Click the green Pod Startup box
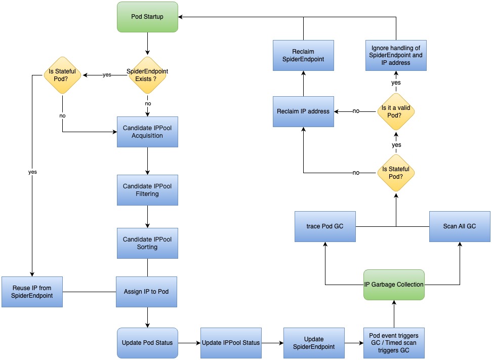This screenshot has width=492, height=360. (x=147, y=17)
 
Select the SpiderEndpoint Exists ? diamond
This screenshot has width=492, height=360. (x=147, y=75)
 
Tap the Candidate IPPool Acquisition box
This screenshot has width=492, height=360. (x=147, y=132)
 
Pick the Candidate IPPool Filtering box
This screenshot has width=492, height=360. (x=147, y=190)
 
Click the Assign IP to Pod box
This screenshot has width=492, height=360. (x=147, y=292)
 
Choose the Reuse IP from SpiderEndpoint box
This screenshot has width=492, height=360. (x=32, y=292)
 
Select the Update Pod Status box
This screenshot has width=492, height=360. (x=147, y=343)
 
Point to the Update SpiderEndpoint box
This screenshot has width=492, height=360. (x=314, y=343)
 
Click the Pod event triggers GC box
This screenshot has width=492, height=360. (x=394, y=343)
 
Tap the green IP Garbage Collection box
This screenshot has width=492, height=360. (x=394, y=285)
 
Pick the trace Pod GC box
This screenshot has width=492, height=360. (x=324, y=226)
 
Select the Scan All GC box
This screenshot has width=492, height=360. (x=460, y=226)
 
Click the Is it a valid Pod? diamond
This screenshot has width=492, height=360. (x=396, y=111)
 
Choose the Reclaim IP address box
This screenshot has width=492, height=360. (x=303, y=111)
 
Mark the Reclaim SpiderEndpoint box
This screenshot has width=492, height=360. (x=303, y=56)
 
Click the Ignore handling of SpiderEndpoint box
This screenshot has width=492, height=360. (x=396, y=56)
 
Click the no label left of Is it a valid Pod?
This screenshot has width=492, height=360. (x=356, y=111)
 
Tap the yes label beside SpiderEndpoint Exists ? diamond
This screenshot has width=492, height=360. (x=107, y=75)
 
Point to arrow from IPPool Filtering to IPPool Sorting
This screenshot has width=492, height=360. (x=147, y=217)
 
